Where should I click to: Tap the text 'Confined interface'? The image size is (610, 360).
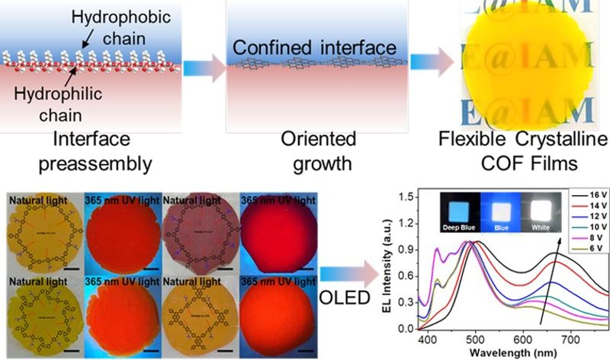(315, 48)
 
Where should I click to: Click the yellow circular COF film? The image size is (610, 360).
(519, 69)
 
